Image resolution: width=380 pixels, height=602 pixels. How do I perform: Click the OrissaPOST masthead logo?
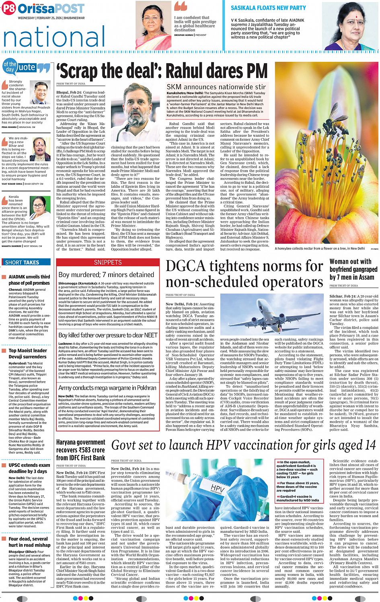[x=43, y=8]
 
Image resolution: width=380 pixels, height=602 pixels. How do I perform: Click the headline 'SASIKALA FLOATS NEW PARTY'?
[x=268, y=8]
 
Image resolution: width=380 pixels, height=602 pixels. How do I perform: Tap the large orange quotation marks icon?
[x=181, y=7]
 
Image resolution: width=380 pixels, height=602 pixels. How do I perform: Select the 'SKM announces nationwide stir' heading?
[x=216, y=87]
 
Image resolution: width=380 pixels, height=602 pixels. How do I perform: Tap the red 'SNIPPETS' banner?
[x=107, y=262]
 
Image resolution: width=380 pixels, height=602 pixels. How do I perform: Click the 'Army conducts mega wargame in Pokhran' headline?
[x=107, y=388]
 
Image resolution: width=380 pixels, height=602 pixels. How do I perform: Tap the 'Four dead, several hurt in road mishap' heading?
[x=29, y=542]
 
